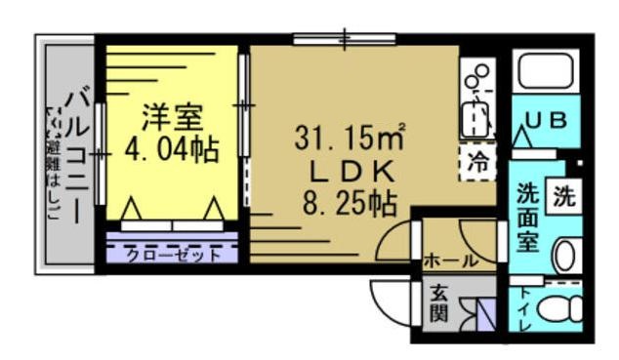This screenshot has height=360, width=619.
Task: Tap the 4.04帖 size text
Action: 171,149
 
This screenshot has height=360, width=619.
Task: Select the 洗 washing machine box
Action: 563,195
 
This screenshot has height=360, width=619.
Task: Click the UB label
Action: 547,121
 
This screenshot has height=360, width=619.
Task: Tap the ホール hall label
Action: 450,260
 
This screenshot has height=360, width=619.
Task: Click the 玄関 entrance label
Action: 439,304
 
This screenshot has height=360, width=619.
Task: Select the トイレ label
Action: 524,310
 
